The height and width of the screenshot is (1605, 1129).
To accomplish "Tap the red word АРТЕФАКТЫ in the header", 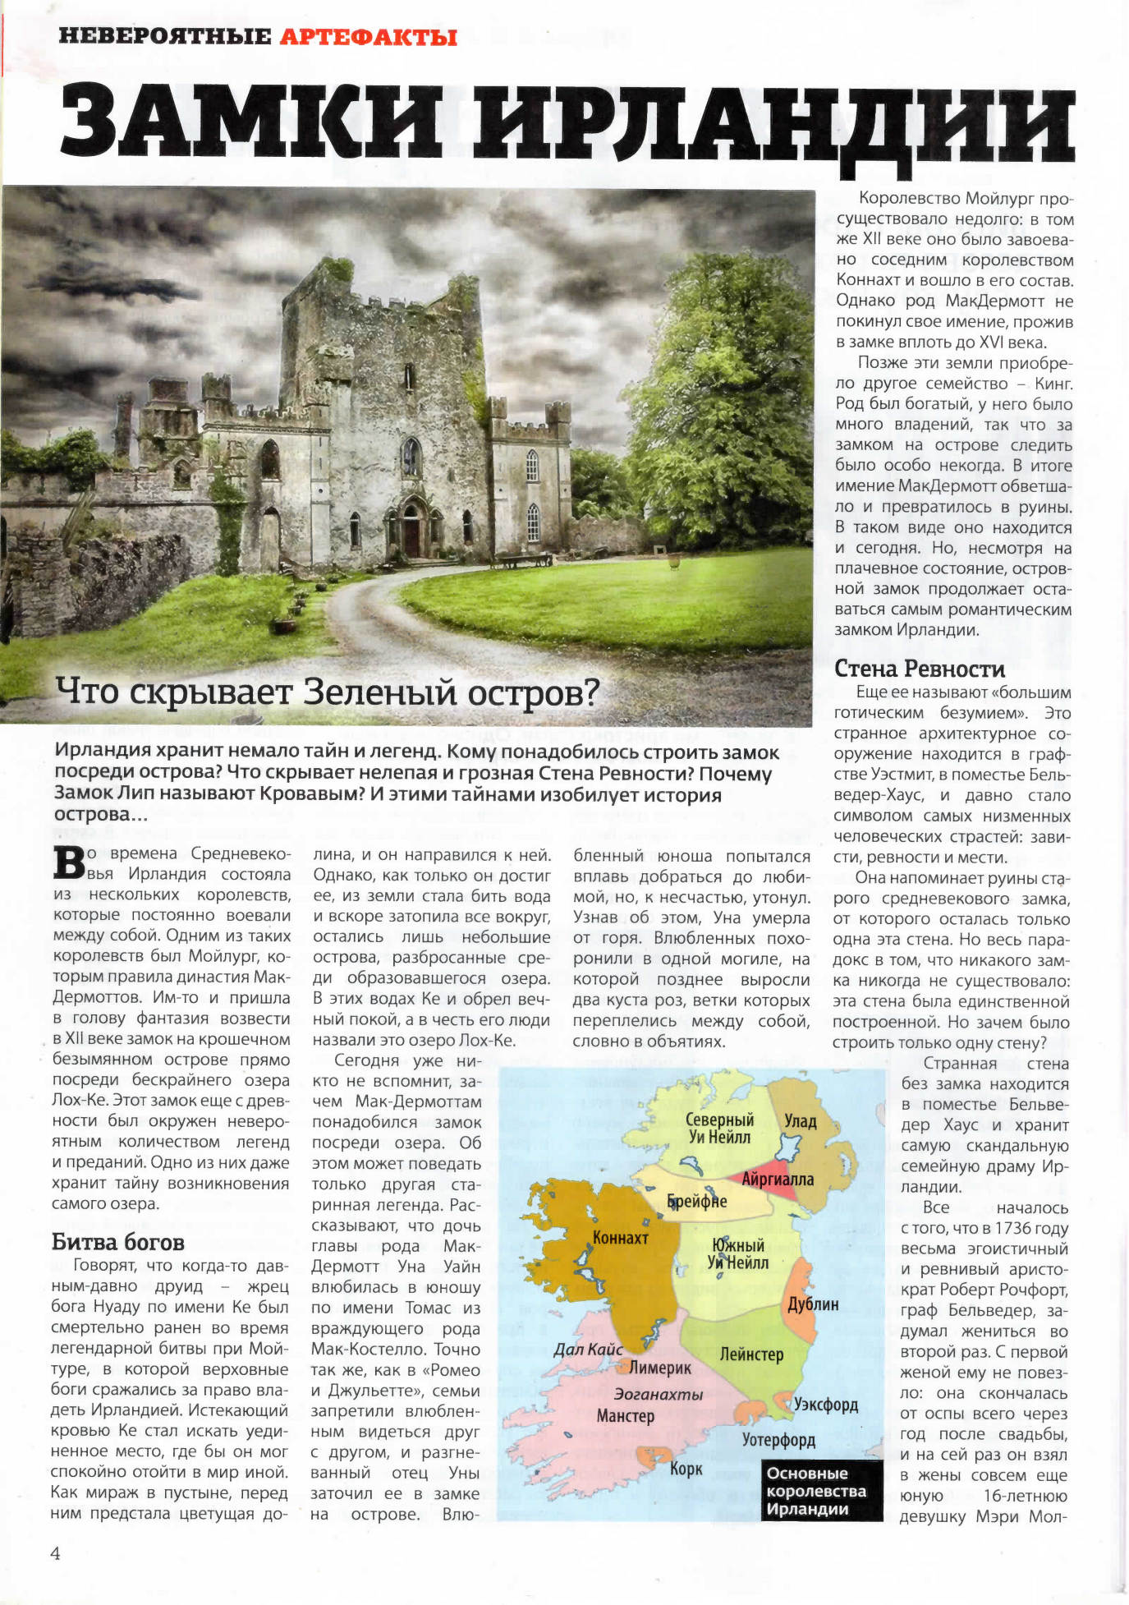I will click(368, 37).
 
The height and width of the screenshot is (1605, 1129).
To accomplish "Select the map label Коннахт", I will click(621, 1237).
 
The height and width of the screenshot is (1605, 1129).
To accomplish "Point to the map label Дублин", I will click(812, 1304).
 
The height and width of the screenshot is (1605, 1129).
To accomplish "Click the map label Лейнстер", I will click(751, 1354).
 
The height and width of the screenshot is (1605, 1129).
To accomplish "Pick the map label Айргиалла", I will click(777, 1180).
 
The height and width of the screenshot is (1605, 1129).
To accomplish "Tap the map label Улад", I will click(800, 1121).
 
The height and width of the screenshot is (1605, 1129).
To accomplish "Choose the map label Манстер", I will click(626, 1415).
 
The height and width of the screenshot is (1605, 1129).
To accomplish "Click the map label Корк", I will click(686, 1468).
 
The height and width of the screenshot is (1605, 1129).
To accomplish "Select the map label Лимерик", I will click(660, 1368).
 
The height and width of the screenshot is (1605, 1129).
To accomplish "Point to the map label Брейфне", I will click(697, 1201).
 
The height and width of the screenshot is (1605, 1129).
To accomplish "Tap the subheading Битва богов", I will click(117, 1242).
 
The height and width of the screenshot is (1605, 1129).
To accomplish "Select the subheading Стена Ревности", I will click(919, 669).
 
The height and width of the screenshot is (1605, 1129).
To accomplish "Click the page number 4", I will click(55, 1553).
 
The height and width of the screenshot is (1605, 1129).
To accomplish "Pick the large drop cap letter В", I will click(69, 863).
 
